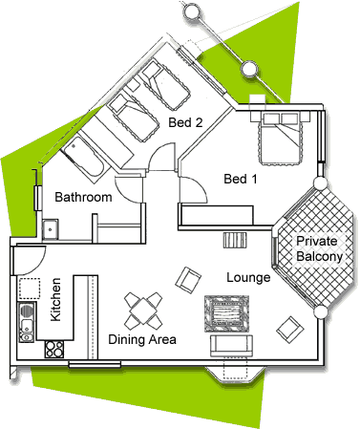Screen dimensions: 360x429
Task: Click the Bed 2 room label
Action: coord(185,122)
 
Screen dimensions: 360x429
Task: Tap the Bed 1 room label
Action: coord(241,179)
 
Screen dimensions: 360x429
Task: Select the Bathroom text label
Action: coord(83,197)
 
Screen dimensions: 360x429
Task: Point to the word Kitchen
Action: coord(55,299)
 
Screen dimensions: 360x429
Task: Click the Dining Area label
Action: coord(142,339)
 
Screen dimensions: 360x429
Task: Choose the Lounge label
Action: coord(248,277)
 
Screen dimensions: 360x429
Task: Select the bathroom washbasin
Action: coord(51,229)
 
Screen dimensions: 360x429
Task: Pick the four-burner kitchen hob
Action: coord(54,349)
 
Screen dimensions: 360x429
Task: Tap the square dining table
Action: coord(143,311)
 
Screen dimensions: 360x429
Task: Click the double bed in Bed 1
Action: coord(281,138)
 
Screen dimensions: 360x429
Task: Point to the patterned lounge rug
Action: coord(226,314)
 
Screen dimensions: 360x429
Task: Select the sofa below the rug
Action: coord(231,346)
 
